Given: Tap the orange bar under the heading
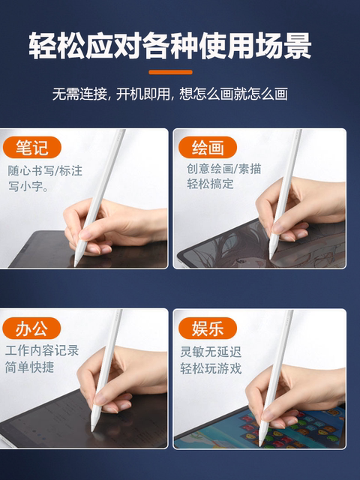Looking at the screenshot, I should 170,73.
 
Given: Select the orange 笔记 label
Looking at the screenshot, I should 32,146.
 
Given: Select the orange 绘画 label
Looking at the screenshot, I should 205,146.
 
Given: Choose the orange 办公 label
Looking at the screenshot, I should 32,328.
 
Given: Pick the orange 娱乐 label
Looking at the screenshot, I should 205,328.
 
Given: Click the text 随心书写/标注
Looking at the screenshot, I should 45,169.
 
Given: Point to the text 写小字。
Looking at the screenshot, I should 29,187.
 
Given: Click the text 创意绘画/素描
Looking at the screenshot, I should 223,169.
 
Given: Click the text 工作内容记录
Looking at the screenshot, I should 42,350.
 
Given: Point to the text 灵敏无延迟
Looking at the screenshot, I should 213,350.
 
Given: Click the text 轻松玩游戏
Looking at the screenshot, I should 213,367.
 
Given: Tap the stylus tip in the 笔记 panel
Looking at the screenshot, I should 76,263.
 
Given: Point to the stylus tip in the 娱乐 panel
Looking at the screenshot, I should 262,442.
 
